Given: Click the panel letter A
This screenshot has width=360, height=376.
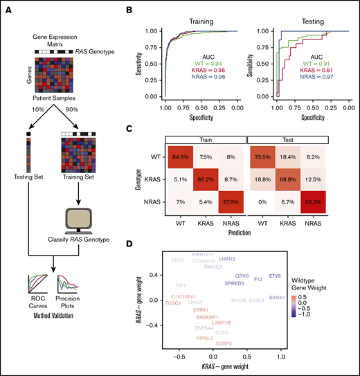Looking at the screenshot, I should (7, 8).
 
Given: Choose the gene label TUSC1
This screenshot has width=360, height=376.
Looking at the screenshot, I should (174, 303).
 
